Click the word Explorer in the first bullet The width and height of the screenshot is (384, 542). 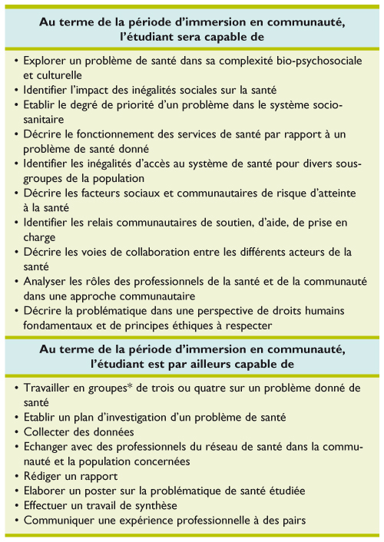pos(47,61)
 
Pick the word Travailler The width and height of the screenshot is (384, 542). pos(51,388)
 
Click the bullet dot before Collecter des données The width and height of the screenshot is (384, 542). pos(18,432)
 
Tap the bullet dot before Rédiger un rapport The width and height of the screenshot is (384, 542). pos(18,477)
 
